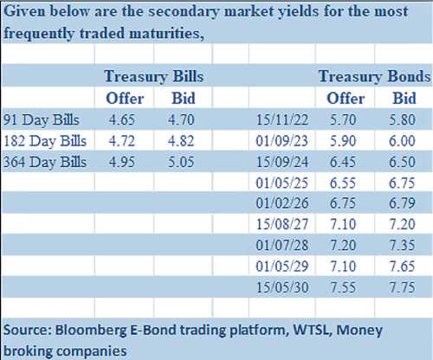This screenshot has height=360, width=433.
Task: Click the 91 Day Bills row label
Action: [41, 119]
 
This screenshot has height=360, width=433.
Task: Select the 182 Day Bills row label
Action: [45, 141]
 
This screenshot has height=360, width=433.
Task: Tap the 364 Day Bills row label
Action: [45, 162]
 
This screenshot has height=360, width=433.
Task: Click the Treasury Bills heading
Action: [154, 77]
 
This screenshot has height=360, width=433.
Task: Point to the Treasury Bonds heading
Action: [374, 77]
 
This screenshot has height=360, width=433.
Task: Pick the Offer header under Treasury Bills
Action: [125, 99]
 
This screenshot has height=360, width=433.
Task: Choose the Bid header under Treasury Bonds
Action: [404, 99]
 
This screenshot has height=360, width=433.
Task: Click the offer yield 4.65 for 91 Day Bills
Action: [122, 119]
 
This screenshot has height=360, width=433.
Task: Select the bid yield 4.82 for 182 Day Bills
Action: [181, 141]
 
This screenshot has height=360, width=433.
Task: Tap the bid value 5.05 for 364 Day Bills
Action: [181, 162]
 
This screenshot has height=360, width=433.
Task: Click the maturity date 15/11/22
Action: [282, 119]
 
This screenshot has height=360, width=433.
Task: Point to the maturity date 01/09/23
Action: [281, 141]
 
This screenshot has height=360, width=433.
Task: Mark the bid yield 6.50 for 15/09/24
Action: [402, 162]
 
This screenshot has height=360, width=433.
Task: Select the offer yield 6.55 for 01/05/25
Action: [343, 183]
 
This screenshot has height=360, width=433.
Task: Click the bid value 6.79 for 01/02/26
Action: [402, 203]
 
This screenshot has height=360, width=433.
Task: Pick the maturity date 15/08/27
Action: [282, 224]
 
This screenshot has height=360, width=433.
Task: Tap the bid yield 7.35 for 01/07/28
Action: [403, 246]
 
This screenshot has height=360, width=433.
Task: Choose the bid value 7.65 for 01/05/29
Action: [403, 267]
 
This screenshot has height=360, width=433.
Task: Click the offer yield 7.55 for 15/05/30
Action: [343, 287]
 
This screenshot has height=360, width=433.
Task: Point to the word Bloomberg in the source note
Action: [91, 331]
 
